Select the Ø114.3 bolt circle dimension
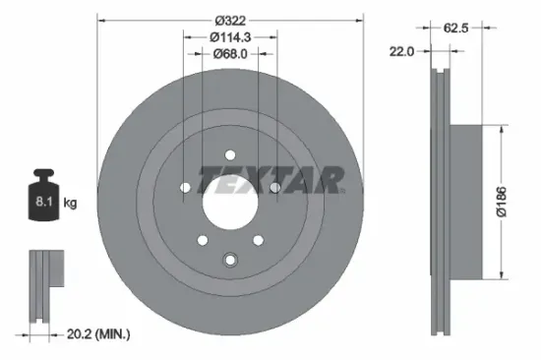[x=230, y=36]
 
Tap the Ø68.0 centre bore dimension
[x=231, y=54]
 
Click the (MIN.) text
[x=112, y=335]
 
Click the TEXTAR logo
[x=271, y=181]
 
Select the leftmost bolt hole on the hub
[x=185, y=187]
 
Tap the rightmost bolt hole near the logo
[x=275, y=187]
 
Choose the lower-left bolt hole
[x=202, y=239]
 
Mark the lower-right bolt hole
[x=259, y=239]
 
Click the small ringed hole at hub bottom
[x=230, y=260]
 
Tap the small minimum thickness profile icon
[x=41, y=285]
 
